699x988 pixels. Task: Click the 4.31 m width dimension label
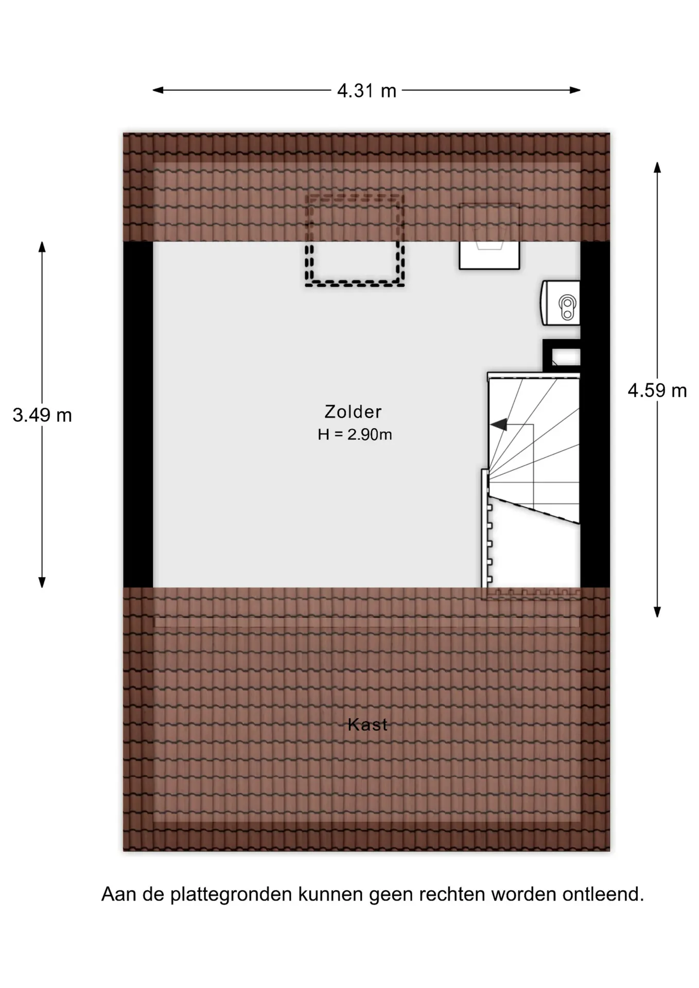[x=366, y=91]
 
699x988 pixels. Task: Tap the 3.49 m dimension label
[x=42, y=415]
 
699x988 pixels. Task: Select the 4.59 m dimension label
[x=657, y=391]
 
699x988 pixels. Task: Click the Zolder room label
[x=353, y=412]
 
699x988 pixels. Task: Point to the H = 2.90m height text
[x=355, y=435]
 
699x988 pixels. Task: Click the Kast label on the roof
[x=368, y=725]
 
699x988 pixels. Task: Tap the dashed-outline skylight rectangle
[x=355, y=240]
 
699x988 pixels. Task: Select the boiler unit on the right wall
[x=560, y=303]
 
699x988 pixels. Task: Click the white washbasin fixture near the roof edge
[x=489, y=237]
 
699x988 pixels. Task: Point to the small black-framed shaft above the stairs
[x=562, y=356]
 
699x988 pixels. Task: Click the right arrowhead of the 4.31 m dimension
[x=575, y=90]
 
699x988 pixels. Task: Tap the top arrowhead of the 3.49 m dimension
[x=42, y=246]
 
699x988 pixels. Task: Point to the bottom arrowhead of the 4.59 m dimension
[x=657, y=612]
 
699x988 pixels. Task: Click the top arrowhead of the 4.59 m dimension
[x=657, y=167]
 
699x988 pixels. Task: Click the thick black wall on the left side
[x=138, y=414]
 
